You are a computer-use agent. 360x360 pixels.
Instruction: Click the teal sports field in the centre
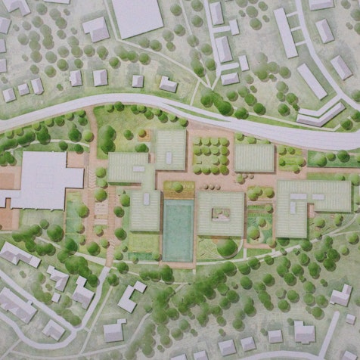(x=178, y=230)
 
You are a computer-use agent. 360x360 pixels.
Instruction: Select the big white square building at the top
(x=137, y=17)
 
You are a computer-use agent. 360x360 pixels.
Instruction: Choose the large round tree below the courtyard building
(x=226, y=247)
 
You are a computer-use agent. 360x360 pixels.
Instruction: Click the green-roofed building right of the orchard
(x=254, y=157)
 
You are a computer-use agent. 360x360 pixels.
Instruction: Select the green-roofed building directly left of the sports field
(x=144, y=210)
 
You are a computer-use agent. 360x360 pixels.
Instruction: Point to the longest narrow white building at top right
(x=285, y=33)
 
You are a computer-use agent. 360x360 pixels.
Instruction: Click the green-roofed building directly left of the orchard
(x=170, y=149)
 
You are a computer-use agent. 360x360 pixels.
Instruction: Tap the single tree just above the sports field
(x=177, y=187)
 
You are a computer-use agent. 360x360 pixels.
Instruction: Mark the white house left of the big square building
(x=96, y=29)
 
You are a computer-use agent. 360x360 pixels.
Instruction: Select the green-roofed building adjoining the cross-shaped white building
(x=129, y=168)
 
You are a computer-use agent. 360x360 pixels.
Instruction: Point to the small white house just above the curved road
(x=168, y=84)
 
